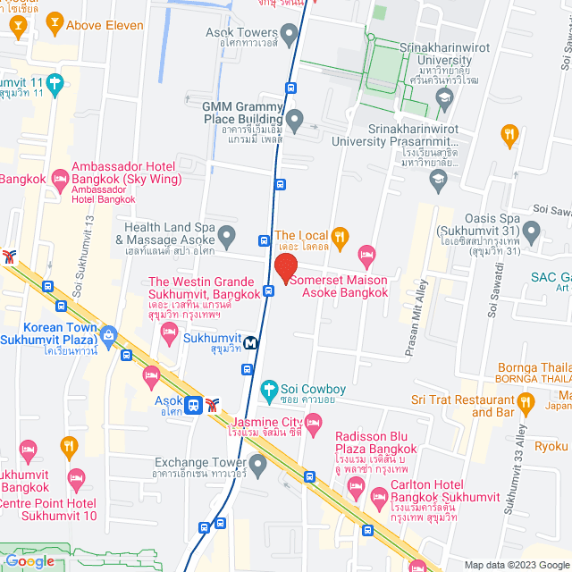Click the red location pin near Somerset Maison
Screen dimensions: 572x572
pos(285,268)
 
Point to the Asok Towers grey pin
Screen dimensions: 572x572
pos(289,36)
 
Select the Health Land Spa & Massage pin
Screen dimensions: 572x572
pos(227,237)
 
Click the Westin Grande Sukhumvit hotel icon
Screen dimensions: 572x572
pos(169,333)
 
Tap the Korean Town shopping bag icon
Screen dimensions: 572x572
pos(109,336)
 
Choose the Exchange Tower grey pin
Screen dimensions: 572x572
pos(258,463)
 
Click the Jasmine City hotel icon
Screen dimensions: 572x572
pos(313,430)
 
